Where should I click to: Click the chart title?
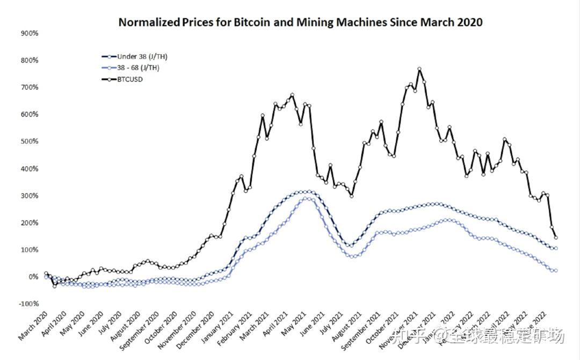pos(300,22)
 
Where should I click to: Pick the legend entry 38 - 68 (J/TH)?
pos(139,68)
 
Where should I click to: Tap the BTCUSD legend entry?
pos(130,79)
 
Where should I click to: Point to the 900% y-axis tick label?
pos(29,33)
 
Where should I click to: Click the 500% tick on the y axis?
pos(29,141)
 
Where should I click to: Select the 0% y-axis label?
pos(32,277)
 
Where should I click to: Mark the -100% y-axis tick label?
pos(28,304)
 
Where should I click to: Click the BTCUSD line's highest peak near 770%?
pos(419,69)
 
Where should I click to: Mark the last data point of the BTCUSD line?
pos(555,237)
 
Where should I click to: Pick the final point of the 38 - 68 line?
pos(555,271)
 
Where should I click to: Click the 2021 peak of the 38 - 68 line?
pos(306,198)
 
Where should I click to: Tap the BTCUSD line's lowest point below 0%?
pos(54,286)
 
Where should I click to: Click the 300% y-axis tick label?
pos(29,196)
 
